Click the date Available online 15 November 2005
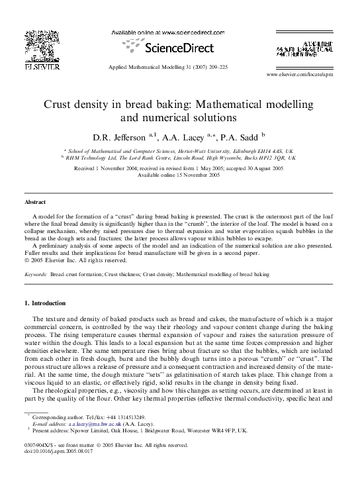point(179,175)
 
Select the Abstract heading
point(35,201)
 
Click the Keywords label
point(36,273)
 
